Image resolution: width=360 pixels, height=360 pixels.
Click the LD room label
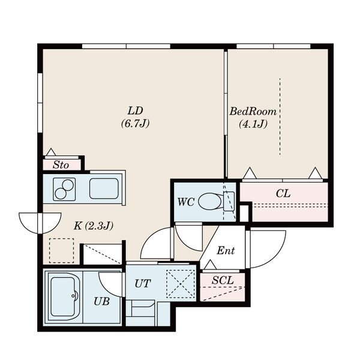[x=136, y=111]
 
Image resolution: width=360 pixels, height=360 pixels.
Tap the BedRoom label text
[x=253, y=112]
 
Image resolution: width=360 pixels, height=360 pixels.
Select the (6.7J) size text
[x=135, y=124]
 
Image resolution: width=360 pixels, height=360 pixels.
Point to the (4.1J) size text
[x=253, y=124]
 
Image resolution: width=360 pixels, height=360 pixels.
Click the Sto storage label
[x=61, y=165]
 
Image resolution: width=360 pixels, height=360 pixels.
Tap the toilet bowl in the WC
[x=210, y=200]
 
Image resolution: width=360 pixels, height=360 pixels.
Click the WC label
[x=186, y=202]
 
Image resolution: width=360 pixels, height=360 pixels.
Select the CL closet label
[x=283, y=193]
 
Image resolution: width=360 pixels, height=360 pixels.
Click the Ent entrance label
[x=226, y=250]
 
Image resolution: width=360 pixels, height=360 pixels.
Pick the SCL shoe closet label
[x=223, y=280]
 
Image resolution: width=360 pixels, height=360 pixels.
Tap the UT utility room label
[x=142, y=284]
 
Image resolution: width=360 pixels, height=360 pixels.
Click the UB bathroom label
[x=101, y=301]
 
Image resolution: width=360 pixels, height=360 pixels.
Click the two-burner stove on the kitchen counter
[x=64, y=189]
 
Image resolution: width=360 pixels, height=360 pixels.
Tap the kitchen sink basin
[x=104, y=188]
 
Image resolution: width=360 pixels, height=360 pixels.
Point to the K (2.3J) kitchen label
[x=94, y=226]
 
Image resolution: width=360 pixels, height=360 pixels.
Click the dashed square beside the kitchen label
[x=62, y=250]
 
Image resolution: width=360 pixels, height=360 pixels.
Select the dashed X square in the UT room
[x=181, y=284]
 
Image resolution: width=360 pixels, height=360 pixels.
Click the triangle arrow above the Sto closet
[x=51, y=152]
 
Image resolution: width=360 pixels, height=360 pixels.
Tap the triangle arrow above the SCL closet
[x=210, y=265]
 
